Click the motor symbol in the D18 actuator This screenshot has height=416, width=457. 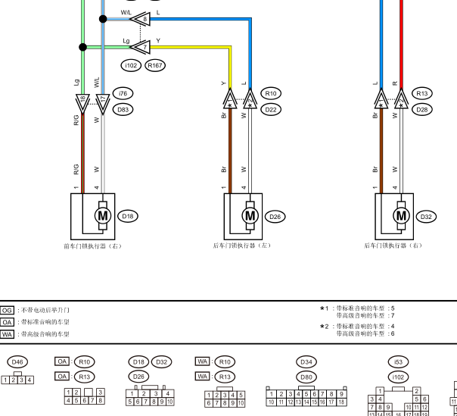[x=101, y=216]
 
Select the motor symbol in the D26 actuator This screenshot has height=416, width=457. [x=250, y=216]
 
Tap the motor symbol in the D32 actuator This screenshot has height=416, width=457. [x=401, y=216]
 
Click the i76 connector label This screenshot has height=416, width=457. [x=122, y=93]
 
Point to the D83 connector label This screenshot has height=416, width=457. [x=122, y=109]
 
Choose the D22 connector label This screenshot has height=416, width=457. [x=270, y=109]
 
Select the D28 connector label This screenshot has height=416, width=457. [x=421, y=109]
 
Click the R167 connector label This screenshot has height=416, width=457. [x=155, y=66]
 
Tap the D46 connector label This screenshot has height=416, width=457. [x=17, y=362]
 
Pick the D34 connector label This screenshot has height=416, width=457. [x=306, y=362]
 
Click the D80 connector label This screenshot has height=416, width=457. [x=306, y=376]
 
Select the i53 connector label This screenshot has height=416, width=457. [x=397, y=362]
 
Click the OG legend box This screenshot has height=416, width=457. [x=8, y=310]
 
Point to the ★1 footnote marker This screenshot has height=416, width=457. [x=324, y=308]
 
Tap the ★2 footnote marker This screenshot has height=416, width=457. [x=324, y=327]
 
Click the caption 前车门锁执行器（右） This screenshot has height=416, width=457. [x=92, y=246]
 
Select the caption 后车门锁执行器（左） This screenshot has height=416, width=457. [x=241, y=246]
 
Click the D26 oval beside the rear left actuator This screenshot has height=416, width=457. [x=275, y=216]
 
